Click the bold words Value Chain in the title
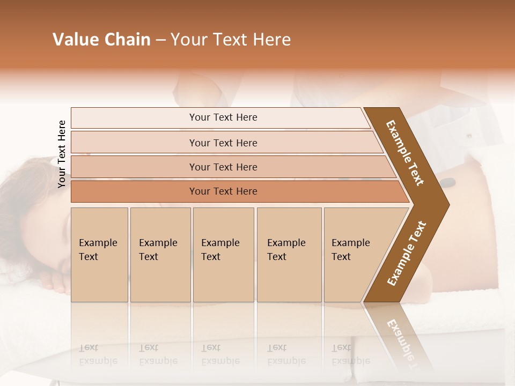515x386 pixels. tap(101, 40)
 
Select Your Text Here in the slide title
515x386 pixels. tap(231, 40)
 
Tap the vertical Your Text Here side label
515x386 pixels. tap(62, 154)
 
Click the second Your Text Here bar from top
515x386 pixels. tap(223, 143)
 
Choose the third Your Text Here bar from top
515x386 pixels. tap(223, 167)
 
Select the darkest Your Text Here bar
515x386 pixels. tap(223, 191)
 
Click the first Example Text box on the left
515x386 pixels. tap(99, 254)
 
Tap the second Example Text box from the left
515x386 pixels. tap(160, 254)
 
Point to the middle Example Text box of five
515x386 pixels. tap(223, 254)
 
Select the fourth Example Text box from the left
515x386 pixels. tap(289, 254)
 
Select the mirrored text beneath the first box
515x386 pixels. tap(98, 354)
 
